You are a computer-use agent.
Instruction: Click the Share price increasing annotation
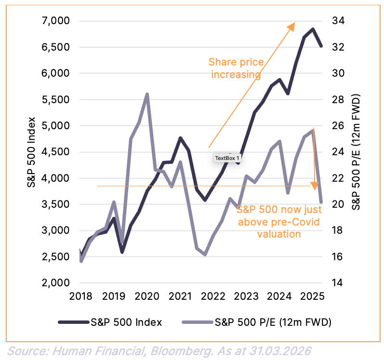(236, 68)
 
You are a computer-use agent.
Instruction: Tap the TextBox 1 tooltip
(227, 158)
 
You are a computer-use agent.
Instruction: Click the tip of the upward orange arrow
(294, 24)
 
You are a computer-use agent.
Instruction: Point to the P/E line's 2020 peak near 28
(146, 94)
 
